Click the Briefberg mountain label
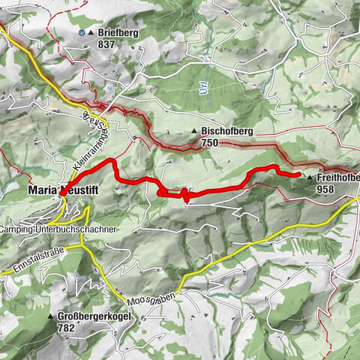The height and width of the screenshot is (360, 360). (x=117, y=33)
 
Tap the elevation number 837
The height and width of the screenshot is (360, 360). (x=108, y=44)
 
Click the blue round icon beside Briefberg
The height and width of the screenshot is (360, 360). (x=81, y=33)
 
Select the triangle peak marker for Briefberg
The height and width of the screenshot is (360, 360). (x=91, y=33)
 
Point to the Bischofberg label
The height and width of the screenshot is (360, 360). (x=226, y=132)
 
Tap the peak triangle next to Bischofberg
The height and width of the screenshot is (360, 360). (x=194, y=132)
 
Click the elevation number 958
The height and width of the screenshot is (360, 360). (x=325, y=190)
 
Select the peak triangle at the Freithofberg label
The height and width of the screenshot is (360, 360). (x=309, y=178)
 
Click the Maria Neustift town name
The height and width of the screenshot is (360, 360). (x=63, y=191)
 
